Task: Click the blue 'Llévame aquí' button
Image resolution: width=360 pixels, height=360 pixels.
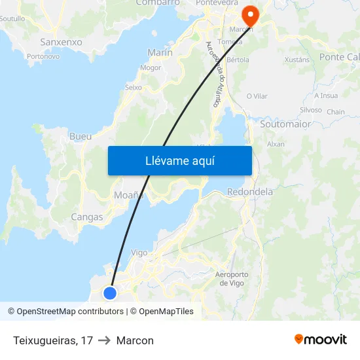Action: [x=179, y=160]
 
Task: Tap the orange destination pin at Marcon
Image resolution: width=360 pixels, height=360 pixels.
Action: [x=250, y=14]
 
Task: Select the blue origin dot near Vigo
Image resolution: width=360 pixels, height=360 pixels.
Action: [x=110, y=293]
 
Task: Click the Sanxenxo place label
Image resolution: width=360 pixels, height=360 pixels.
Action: [x=61, y=42]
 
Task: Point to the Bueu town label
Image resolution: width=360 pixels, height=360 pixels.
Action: [x=81, y=137]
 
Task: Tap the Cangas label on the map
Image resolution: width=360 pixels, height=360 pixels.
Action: [x=87, y=217]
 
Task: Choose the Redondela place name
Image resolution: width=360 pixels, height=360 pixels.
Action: [x=249, y=192]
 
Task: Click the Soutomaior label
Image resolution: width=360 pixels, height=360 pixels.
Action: [x=285, y=124]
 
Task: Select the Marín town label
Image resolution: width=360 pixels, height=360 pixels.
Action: [x=160, y=52]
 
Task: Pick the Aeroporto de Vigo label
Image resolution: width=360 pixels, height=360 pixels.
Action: [x=232, y=278]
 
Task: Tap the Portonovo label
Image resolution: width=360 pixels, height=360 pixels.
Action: [x=43, y=56]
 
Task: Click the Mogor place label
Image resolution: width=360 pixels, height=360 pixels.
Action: [x=151, y=67]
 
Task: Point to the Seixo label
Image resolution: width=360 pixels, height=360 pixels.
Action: [x=133, y=87]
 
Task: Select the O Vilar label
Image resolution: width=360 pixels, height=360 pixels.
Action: [x=257, y=96]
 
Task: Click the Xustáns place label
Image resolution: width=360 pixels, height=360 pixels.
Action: [x=297, y=60]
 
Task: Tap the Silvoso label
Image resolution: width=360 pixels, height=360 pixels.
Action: [x=310, y=110]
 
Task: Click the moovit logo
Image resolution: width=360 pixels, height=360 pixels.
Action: [x=321, y=340]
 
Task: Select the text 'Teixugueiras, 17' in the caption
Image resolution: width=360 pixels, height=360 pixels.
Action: [x=52, y=340]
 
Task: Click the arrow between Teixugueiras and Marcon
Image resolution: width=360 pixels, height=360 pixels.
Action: [x=105, y=340]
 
